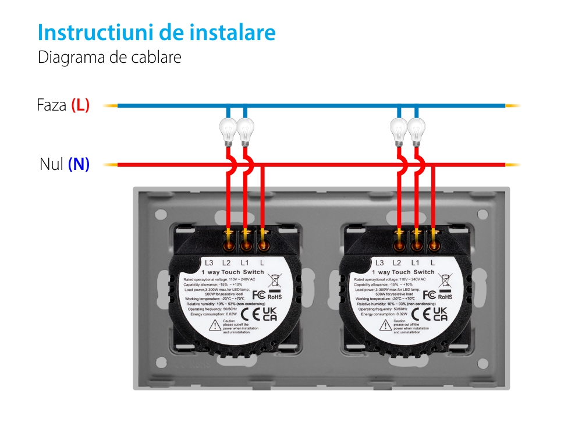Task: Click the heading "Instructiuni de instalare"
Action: [156, 33]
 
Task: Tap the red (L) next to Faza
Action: [80, 105]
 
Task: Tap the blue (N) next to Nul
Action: [79, 165]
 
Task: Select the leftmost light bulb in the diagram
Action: [228, 130]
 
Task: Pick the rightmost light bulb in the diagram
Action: [416, 130]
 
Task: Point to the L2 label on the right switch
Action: [398, 263]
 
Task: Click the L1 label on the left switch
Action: [245, 263]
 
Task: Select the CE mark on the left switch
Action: [249, 315]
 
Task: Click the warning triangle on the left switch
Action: [215, 325]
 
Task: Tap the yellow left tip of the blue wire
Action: [110, 106]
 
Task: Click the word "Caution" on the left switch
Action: [229, 321]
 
